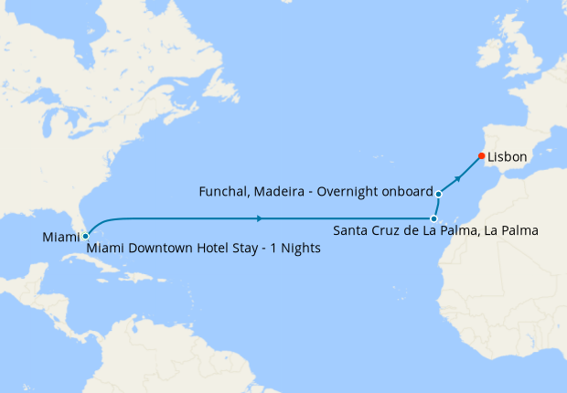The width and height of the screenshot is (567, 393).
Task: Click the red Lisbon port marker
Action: (x=482, y=156)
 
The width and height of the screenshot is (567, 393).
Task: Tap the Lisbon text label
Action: (x=508, y=157)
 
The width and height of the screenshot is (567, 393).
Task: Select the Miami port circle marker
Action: (x=85, y=237)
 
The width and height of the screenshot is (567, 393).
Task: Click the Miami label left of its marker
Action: (x=60, y=238)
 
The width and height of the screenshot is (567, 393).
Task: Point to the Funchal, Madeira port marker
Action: (x=439, y=194)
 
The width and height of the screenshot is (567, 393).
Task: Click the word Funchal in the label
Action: (x=223, y=192)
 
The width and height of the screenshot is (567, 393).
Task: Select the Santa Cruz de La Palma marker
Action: (x=433, y=218)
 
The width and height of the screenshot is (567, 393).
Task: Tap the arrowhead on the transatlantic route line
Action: (x=262, y=218)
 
